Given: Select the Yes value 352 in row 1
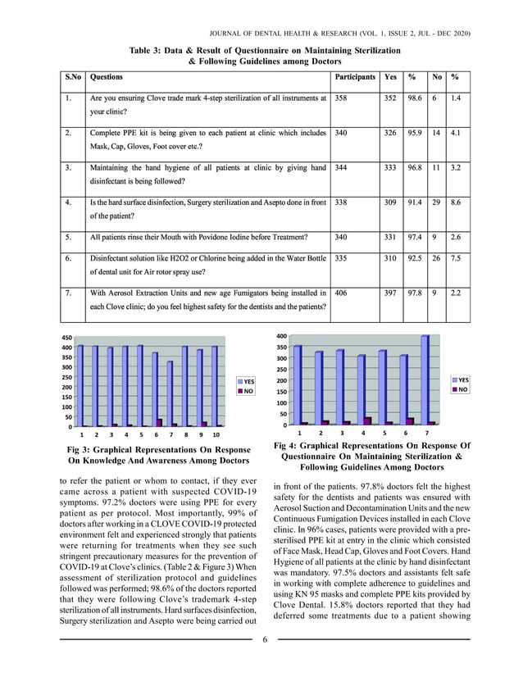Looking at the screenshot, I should coord(390,98).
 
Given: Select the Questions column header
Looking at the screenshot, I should coord(107,77).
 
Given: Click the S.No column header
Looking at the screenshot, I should coord(72,77).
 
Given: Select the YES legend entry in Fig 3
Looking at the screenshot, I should coord(248,382).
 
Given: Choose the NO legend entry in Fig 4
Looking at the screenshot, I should coord(462,390).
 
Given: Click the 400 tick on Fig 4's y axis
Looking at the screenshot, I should coord(280,337).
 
